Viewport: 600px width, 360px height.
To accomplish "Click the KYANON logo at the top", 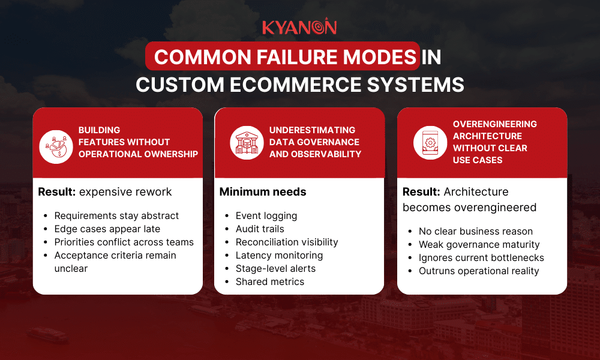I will pyautogui.click(x=299, y=27).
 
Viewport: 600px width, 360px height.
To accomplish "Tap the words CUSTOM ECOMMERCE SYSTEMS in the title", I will pyautogui.click(x=299, y=84).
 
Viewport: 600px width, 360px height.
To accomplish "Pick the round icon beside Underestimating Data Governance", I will pyautogui.click(x=247, y=142).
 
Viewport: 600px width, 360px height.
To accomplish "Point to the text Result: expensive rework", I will pyautogui.click(x=105, y=192).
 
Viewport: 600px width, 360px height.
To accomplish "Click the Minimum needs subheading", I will pyautogui.click(x=263, y=192).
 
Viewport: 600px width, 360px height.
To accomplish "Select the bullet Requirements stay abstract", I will pyautogui.click(x=116, y=215).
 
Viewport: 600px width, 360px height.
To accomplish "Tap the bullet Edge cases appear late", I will pyautogui.click(x=107, y=229).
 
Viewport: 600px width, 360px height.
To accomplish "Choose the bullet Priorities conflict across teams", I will pyautogui.click(x=124, y=242).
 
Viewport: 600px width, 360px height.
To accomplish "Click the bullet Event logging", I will pyautogui.click(x=266, y=215).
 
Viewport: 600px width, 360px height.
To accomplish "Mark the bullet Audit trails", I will pyautogui.click(x=260, y=229).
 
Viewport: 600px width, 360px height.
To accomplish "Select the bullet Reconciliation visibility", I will pyautogui.click(x=287, y=242).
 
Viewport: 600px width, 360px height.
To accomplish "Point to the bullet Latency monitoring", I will pyautogui.click(x=278, y=255).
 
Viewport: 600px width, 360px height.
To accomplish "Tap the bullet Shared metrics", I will pyautogui.click(x=269, y=281).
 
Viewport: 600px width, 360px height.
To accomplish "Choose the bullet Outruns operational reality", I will pyautogui.click(x=479, y=271).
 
